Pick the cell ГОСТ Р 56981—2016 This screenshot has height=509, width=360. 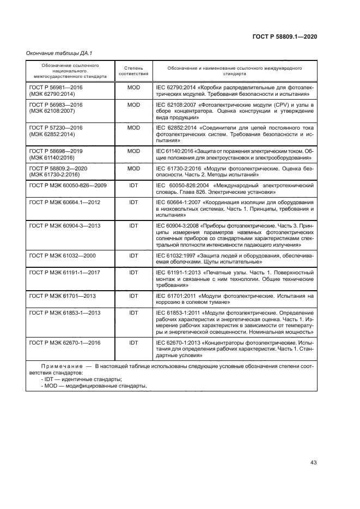click(x=56, y=87)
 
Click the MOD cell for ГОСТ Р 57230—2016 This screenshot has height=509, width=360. click(x=133, y=127)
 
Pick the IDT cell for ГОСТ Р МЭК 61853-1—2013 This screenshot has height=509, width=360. click(x=133, y=312)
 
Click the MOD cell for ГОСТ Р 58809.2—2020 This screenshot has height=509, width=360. click(x=133, y=169)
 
